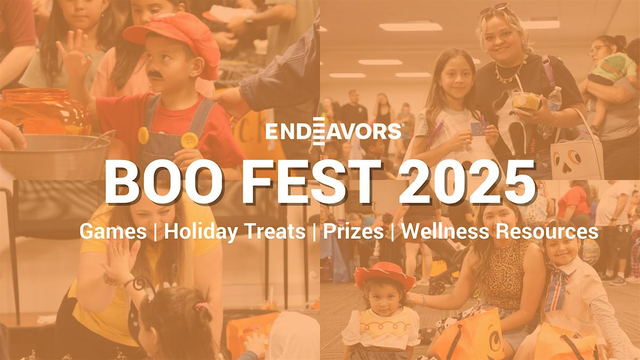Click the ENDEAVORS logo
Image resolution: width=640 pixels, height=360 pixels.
[334, 131]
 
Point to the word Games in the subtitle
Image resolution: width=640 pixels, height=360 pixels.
[113, 231]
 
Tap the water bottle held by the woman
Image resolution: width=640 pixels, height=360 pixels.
[555, 99]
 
